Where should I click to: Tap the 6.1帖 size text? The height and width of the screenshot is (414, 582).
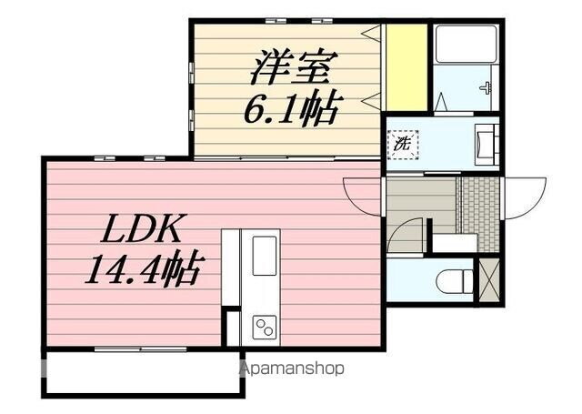point(290,109)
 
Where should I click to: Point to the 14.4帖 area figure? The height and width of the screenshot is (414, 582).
point(143,270)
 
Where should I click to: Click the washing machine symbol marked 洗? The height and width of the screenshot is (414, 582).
point(402,143)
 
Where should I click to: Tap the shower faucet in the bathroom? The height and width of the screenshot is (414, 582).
point(487,89)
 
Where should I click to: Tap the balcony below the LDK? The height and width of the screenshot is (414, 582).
point(141,373)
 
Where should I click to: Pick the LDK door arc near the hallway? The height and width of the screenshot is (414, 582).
point(362,193)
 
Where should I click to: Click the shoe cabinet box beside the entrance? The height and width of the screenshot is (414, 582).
point(452,243)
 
